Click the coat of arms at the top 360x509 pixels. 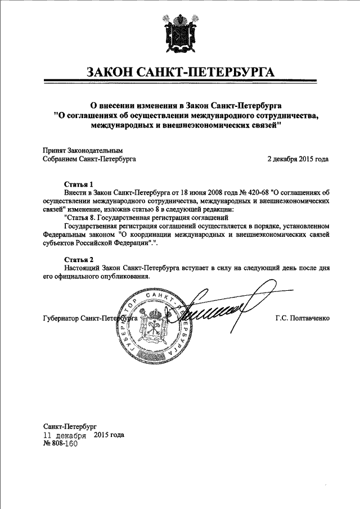point(180,34)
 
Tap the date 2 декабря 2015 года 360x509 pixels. point(298,159)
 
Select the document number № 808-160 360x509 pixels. point(60,443)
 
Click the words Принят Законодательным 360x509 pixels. point(82,151)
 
